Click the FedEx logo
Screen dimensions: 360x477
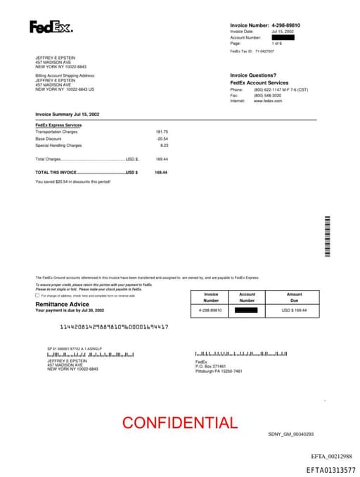pos(51,27)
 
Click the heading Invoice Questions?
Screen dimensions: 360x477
pos(254,75)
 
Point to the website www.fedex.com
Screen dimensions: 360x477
pos(268,101)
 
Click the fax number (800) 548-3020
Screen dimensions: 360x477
pos(268,96)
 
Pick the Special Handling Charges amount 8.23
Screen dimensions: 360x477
pos(165,146)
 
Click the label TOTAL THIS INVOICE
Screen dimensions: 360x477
pos(56,172)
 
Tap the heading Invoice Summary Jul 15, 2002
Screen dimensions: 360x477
pos(67,113)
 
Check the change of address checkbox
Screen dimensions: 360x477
pos(37,295)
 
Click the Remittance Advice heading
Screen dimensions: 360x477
pos(63,304)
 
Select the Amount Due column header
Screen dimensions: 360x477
pos(294,297)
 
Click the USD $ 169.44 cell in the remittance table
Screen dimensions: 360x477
pos(294,310)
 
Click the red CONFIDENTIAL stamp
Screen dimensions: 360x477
pos(180,423)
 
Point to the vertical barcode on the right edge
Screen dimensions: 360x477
pos(327,236)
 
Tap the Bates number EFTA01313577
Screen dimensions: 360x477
pos(330,469)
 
